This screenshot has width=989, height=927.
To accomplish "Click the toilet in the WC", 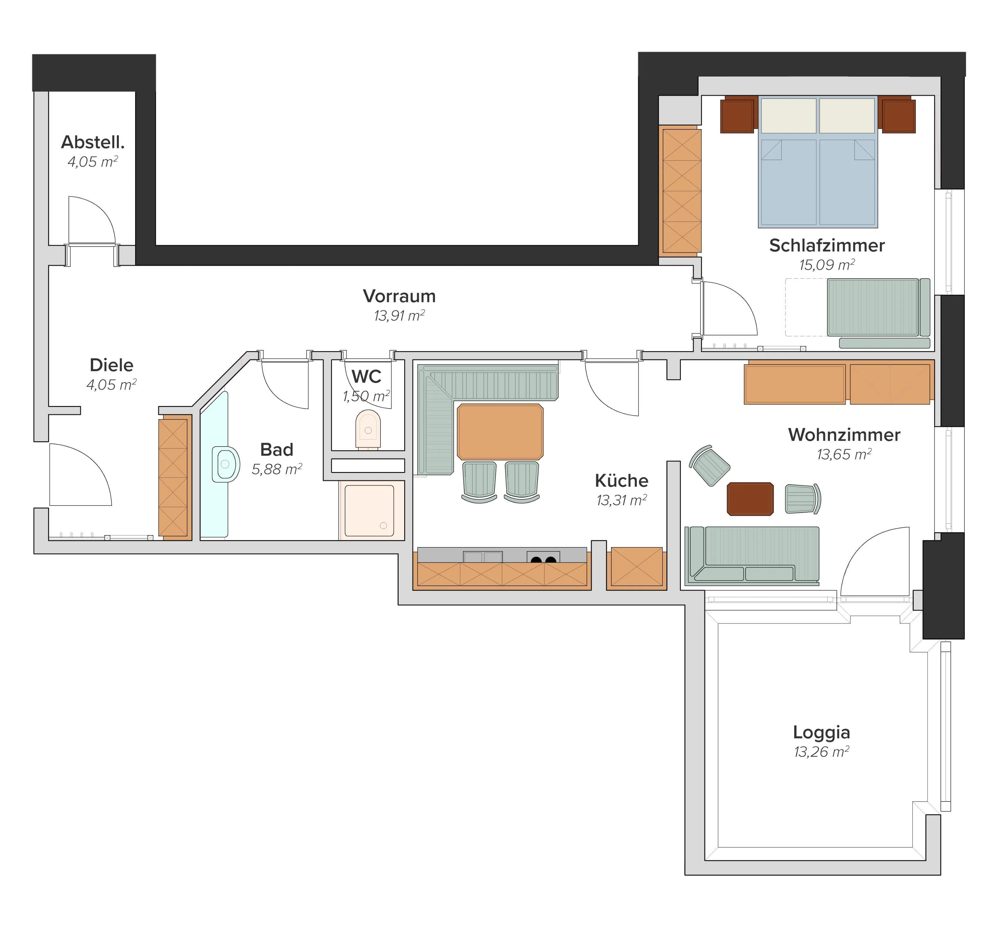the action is pyautogui.click(x=368, y=429).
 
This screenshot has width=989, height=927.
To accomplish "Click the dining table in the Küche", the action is pyautogui.click(x=500, y=431).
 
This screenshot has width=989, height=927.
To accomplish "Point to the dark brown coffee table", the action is pyautogui.click(x=750, y=498).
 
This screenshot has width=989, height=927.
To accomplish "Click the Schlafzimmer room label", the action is pyautogui.click(x=827, y=245).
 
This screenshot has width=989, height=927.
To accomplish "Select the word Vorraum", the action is pyautogui.click(x=400, y=296).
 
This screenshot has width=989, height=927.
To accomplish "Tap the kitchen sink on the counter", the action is pyautogui.click(x=483, y=556).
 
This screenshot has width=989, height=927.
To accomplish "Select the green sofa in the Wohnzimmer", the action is pyautogui.click(x=752, y=555).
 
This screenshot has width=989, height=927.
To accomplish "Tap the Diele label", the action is pyautogui.click(x=111, y=365).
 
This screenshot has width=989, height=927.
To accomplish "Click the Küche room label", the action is pyautogui.click(x=621, y=481).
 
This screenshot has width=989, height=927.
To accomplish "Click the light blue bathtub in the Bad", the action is pyautogui.click(x=214, y=465).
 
